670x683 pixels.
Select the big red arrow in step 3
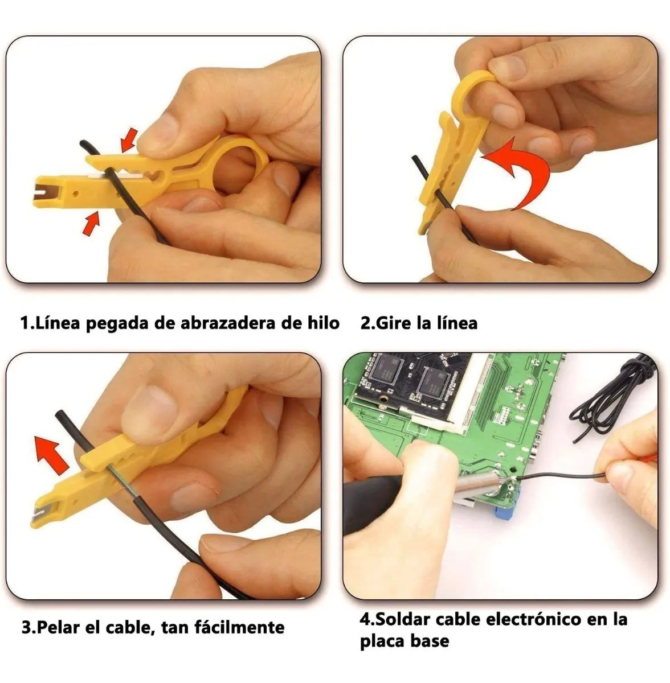point(52,453)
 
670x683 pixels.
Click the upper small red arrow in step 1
point(129,139)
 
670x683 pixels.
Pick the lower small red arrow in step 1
point(91,223)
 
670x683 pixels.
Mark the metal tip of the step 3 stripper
point(36,514)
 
